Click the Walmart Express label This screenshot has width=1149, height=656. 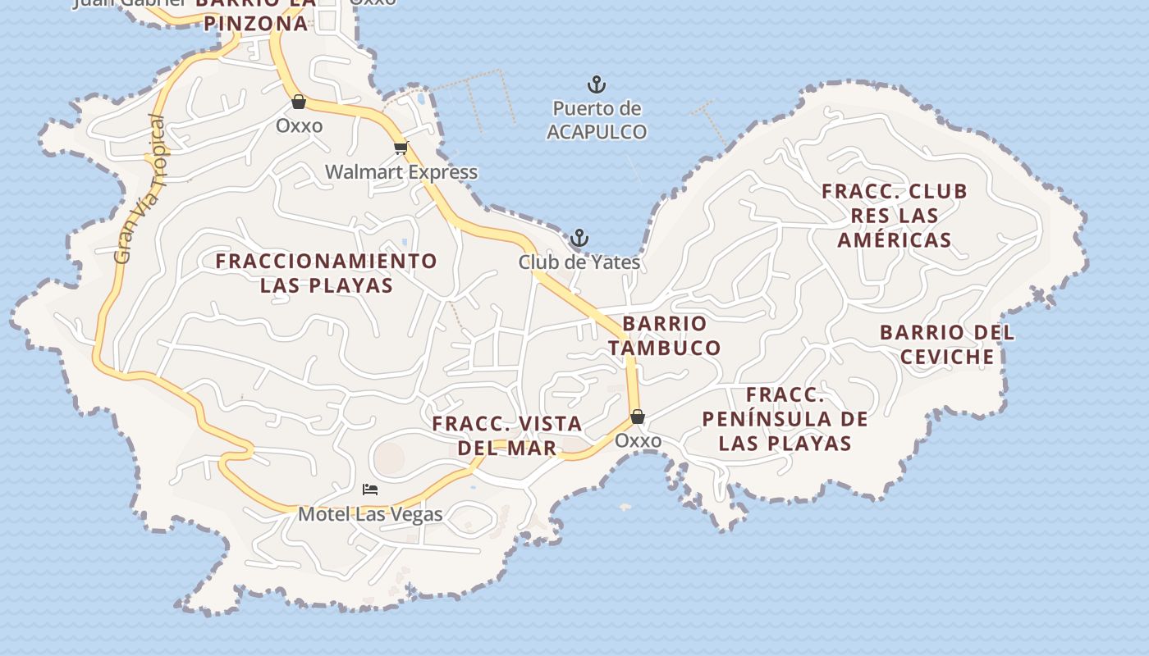[401, 172]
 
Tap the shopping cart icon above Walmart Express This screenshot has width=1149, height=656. [401, 148]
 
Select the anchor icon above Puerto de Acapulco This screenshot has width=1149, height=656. [597, 84]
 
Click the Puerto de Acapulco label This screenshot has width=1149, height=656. [597, 120]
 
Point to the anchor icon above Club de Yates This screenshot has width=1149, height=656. [579, 239]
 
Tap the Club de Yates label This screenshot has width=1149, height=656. [579, 262]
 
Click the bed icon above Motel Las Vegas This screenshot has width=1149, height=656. [370, 490]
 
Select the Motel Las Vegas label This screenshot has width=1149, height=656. [370, 514]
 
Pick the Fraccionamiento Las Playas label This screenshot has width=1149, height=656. [327, 273]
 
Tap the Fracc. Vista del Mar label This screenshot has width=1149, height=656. [507, 435]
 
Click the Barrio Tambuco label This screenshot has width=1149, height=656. [665, 335]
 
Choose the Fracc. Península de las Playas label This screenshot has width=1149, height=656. [785, 419]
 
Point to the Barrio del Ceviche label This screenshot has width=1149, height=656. [947, 344]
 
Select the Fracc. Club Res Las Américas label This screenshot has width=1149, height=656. [895, 215]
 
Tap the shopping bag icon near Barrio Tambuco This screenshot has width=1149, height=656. [638, 417]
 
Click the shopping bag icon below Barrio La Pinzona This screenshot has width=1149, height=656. [299, 102]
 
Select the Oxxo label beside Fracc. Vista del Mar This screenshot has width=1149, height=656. [638, 441]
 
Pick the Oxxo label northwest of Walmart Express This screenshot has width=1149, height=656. [299, 126]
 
